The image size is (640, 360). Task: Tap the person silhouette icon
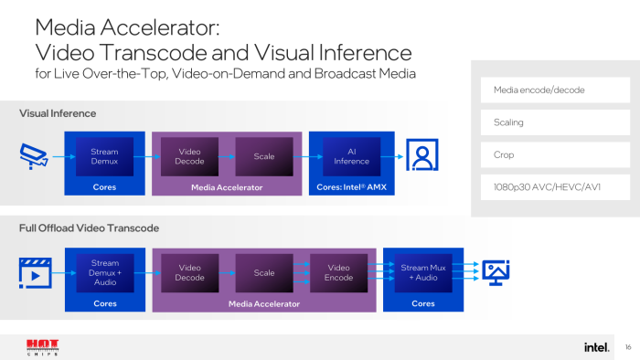click(422, 157)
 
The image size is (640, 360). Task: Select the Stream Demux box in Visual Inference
click(104, 156)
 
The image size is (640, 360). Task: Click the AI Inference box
click(352, 156)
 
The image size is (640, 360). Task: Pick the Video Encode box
click(338, 272)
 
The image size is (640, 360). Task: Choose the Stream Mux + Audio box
click(422, 272)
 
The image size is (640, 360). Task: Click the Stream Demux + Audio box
click(104, 272)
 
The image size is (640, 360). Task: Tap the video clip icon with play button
click(33, 271)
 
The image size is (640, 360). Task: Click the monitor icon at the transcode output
click(496, 271)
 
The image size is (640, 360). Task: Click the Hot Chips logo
click(42, 347)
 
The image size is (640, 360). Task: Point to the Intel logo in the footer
click(596, 347)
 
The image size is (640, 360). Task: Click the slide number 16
click(628, 347)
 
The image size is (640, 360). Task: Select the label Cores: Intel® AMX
click(352, 186)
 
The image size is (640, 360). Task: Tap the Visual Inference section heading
click(58, 113)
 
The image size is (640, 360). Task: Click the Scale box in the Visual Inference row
click(264, 156)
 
